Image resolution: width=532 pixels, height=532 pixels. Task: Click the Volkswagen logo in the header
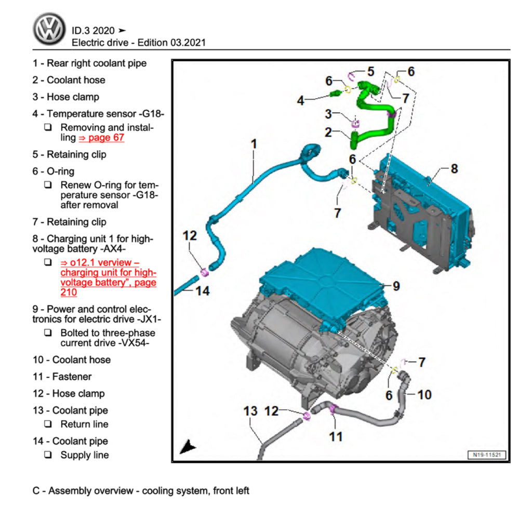click(x=49, y=29)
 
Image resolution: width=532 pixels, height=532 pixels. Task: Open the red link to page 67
click(x=101, y=138)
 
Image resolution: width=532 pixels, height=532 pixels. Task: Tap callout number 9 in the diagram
click(x=396, y=285)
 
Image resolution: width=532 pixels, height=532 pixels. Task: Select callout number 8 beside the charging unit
click(x=454, y=168)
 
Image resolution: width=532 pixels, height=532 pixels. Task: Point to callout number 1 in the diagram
click(x=254, y=143)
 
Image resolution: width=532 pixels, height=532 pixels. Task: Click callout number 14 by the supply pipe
click(x=202, y=291)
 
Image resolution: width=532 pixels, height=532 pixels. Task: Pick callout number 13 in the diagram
click(x=250, y=411)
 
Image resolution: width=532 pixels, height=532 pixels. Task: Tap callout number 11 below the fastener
click(x=336, y=436)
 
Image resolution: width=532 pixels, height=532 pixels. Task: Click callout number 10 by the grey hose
click(x=424, y=395)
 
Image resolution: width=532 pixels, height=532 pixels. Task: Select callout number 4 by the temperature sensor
click(x=300, y=101)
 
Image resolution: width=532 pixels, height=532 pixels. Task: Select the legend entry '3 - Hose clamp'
click(x=65, y=97)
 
